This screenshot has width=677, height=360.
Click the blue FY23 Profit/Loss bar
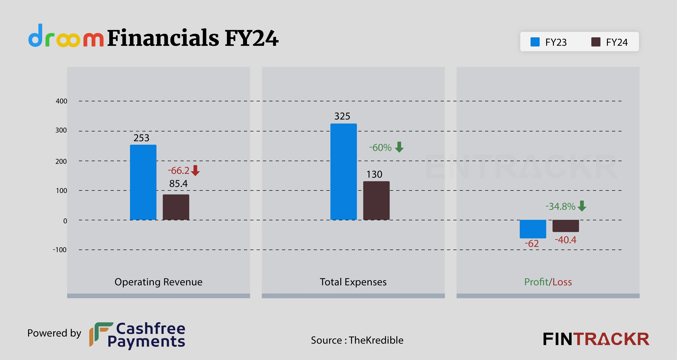[533, 229]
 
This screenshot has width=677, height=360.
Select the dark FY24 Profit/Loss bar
[566, 226]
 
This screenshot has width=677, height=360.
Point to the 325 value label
[342, 116]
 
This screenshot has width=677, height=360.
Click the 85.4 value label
[178, 183]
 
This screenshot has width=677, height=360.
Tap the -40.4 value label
[566, 240]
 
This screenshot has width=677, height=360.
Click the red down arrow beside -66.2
[195, 170]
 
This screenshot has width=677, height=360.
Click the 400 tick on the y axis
[62, 101]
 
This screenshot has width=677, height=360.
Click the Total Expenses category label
[353, 282]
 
